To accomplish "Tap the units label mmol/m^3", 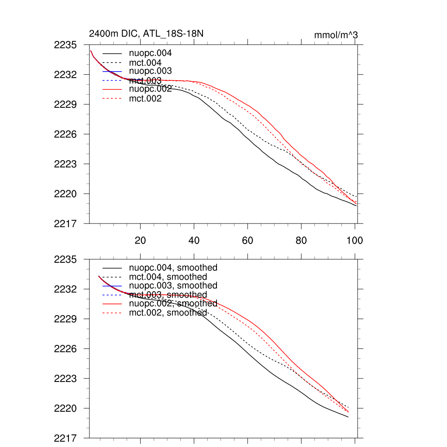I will (336, 35).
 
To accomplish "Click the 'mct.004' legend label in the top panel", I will (148, 63).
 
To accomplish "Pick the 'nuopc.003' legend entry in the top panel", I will (153, 71).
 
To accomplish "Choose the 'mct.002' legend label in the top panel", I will (148, 99).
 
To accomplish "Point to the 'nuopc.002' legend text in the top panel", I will (153, 89).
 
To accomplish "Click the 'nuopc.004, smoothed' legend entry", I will (176, 268).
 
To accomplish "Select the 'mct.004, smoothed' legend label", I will (171, 277).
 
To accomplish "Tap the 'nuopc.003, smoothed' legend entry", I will (176, 285).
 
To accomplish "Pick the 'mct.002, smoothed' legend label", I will (171, 313).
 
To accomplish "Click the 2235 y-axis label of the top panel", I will (65, 45).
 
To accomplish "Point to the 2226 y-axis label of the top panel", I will (65, 134).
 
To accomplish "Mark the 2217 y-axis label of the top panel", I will (65, 223).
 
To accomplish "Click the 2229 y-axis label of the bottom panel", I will (65, 319).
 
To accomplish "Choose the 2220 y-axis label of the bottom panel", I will (65, 409).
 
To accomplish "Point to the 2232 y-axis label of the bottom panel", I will (65, 289).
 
